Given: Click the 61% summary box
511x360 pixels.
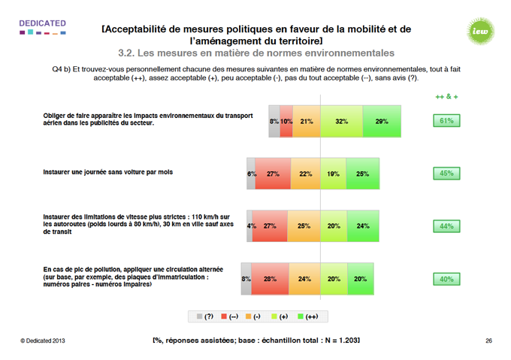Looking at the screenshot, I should (x=445, y=120).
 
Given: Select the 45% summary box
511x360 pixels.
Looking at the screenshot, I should (x=445, y=173).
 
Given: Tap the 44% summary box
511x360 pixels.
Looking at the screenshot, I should (x=445, y=225).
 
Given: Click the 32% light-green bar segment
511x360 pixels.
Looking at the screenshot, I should (x=341, y=121).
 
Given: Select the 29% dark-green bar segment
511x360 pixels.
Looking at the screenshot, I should (x=382, y=121).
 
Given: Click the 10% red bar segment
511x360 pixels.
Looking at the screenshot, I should (x=286, y=121).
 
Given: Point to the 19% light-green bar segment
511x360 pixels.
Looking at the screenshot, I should (x=334, y=174).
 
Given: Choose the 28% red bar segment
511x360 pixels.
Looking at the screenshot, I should (x=269, y=279).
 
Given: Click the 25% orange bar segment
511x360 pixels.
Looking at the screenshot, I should (x=304, y=226).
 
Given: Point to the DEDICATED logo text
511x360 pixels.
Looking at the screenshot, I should (x=42, y=23).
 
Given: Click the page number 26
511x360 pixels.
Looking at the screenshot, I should (x=488, y=341).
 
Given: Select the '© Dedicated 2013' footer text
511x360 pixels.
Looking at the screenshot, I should (x=44, y=341).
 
